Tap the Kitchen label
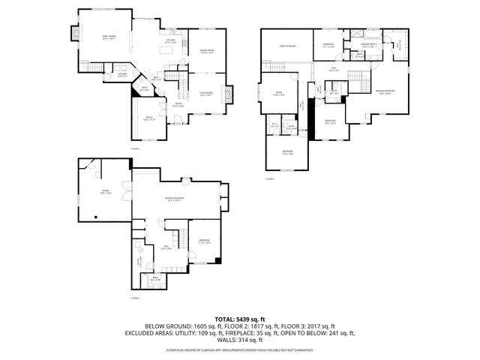169,42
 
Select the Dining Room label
207,52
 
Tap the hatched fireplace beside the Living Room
229,94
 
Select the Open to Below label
286,46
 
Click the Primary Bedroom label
385,91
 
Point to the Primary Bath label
368,46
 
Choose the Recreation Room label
175,199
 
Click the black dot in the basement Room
96,217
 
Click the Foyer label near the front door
179,104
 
